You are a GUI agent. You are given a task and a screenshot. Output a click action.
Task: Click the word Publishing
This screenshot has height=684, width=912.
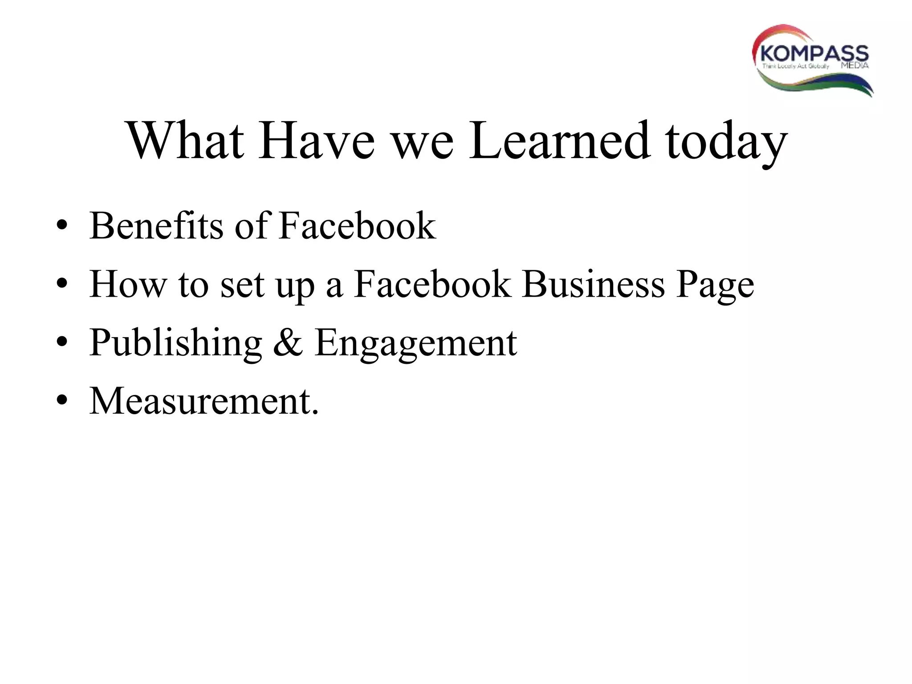(176, 343)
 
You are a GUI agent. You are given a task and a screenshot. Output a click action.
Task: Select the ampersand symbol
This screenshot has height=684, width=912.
(288, 342)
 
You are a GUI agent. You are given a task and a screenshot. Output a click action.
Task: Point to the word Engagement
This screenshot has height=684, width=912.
(415, 343)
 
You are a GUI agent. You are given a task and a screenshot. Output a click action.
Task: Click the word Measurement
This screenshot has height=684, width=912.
(204, 401)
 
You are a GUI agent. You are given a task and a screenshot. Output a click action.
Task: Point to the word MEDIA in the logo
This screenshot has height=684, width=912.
(855, 66)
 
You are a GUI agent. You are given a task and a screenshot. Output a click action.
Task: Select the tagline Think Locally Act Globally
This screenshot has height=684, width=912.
(796, 66)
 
